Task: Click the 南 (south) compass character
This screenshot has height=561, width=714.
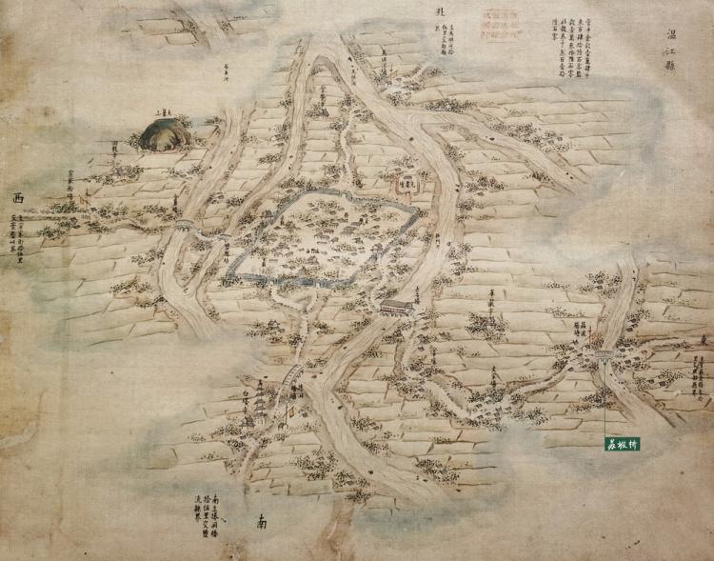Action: [x=261, y=522]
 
